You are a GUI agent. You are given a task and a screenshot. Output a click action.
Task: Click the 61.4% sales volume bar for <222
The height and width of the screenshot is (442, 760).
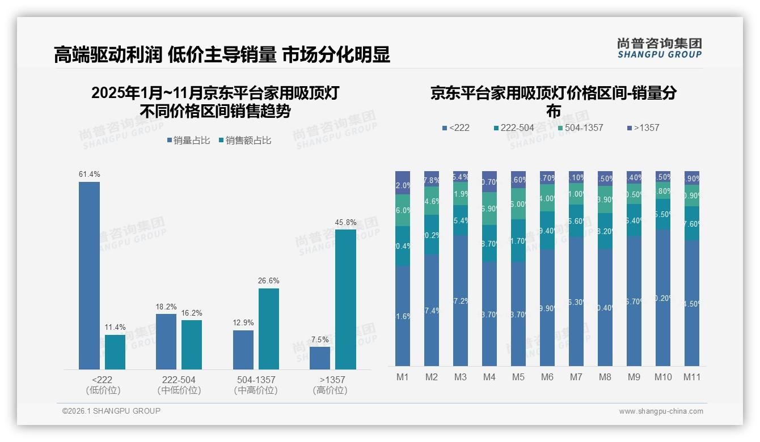click(89, 275)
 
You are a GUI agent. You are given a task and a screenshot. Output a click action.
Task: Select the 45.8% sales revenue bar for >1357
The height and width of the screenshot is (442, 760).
click(345, 299)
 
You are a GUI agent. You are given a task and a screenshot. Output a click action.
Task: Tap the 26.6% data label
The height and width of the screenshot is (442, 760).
click(269, 280)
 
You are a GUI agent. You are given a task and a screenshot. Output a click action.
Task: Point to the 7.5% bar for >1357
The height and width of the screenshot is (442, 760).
click(320, 358)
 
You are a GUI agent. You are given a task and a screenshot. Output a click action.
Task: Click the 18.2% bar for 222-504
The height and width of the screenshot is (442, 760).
click(166, 342)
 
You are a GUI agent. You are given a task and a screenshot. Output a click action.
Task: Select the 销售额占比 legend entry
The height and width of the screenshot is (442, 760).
click(244, 141)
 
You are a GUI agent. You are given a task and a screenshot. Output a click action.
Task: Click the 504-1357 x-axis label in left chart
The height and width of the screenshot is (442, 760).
click(256, 380)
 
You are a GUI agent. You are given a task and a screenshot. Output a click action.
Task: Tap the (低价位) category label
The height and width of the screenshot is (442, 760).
click(103, 390)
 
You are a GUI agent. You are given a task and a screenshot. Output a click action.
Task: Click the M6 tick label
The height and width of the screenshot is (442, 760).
click(547, 377)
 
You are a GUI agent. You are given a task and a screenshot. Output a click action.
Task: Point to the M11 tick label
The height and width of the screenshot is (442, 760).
click(691, 377)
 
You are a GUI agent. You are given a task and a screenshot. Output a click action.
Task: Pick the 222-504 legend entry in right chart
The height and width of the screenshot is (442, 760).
click(513, 127)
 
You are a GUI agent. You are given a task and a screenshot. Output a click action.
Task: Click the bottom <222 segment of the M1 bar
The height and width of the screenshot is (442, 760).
click(403, 316)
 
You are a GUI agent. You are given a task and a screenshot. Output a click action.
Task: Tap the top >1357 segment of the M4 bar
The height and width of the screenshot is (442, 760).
click(489, 181)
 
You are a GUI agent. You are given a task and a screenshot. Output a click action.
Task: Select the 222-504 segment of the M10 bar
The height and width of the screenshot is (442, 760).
click(662, 214)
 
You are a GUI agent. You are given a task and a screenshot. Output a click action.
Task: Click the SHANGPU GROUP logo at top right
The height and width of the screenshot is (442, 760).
click(659, 48)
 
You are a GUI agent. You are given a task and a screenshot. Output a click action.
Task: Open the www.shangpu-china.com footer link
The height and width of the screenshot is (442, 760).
click(661, 411)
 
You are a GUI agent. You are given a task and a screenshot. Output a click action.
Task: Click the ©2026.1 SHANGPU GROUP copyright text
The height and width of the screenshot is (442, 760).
click(111, 411)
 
